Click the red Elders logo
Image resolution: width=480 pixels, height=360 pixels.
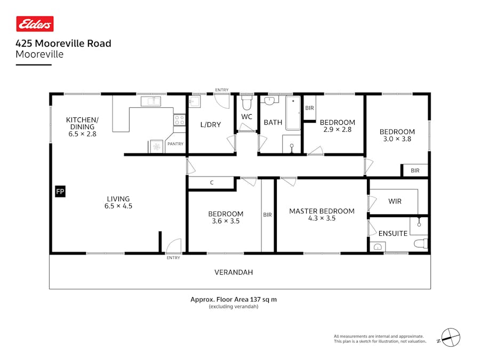(x=35, y=24)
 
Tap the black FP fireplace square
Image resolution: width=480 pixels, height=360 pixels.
(x=60, y=191)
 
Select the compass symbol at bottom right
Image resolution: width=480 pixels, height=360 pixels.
(x=451, y=338)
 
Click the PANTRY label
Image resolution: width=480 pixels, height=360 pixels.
(x=175, y=143)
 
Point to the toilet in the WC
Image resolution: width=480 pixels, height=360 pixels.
(x=247, y=103)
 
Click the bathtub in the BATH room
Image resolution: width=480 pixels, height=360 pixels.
(x=293, y=113)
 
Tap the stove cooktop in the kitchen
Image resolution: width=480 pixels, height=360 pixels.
(x=180, y=119)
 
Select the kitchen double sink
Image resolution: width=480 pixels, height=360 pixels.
(x=150, y=101)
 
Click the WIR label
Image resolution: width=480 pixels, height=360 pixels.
(x=395, y=201)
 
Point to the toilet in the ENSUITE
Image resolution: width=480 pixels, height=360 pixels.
(x=421, y=244)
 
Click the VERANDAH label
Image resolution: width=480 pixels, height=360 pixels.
(x=234, y=272)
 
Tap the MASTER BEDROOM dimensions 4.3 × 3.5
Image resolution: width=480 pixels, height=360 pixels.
(x=322, y=218)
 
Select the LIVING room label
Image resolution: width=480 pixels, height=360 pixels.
(x=118, y=199)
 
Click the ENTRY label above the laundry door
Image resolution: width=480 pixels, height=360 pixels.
(x=222, y=90)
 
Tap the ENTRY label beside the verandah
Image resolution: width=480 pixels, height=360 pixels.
(x=173, y=258)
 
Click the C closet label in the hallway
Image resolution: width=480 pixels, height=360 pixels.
(x=212, y=183)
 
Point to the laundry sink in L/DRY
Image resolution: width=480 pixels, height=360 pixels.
(x=194, y=101)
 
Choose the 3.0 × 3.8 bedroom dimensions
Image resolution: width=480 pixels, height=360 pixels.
(x=397, y=139)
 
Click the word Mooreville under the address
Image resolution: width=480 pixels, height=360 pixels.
(x=39, y=54)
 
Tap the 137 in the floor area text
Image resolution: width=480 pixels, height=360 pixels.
(x=255, y=299)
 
